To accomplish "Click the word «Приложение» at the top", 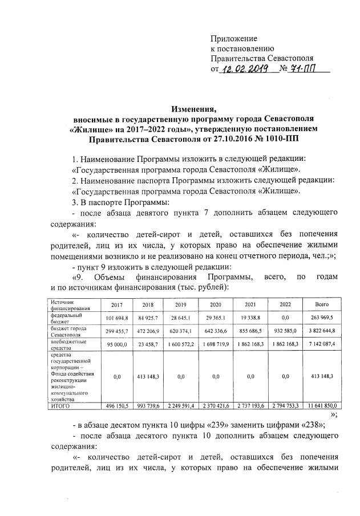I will (234, 38).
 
